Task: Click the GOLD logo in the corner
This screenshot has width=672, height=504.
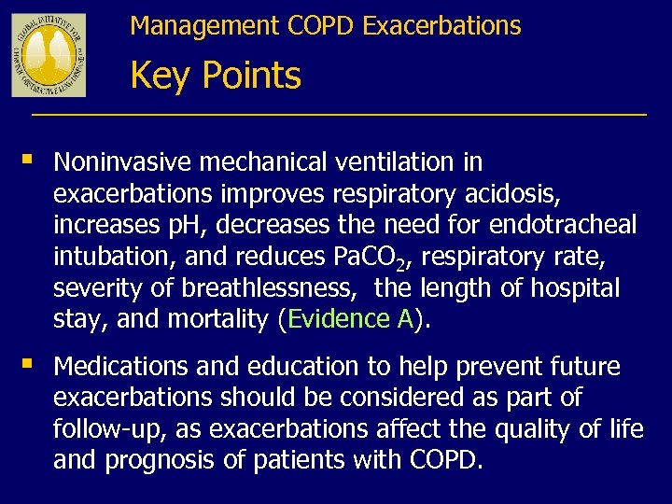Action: tap(49, 55)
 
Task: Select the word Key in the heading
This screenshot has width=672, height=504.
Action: tap(161, 76)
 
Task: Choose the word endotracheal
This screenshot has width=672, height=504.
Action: tap(563, 225)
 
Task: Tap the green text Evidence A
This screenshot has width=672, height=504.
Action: tap(351, 320)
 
